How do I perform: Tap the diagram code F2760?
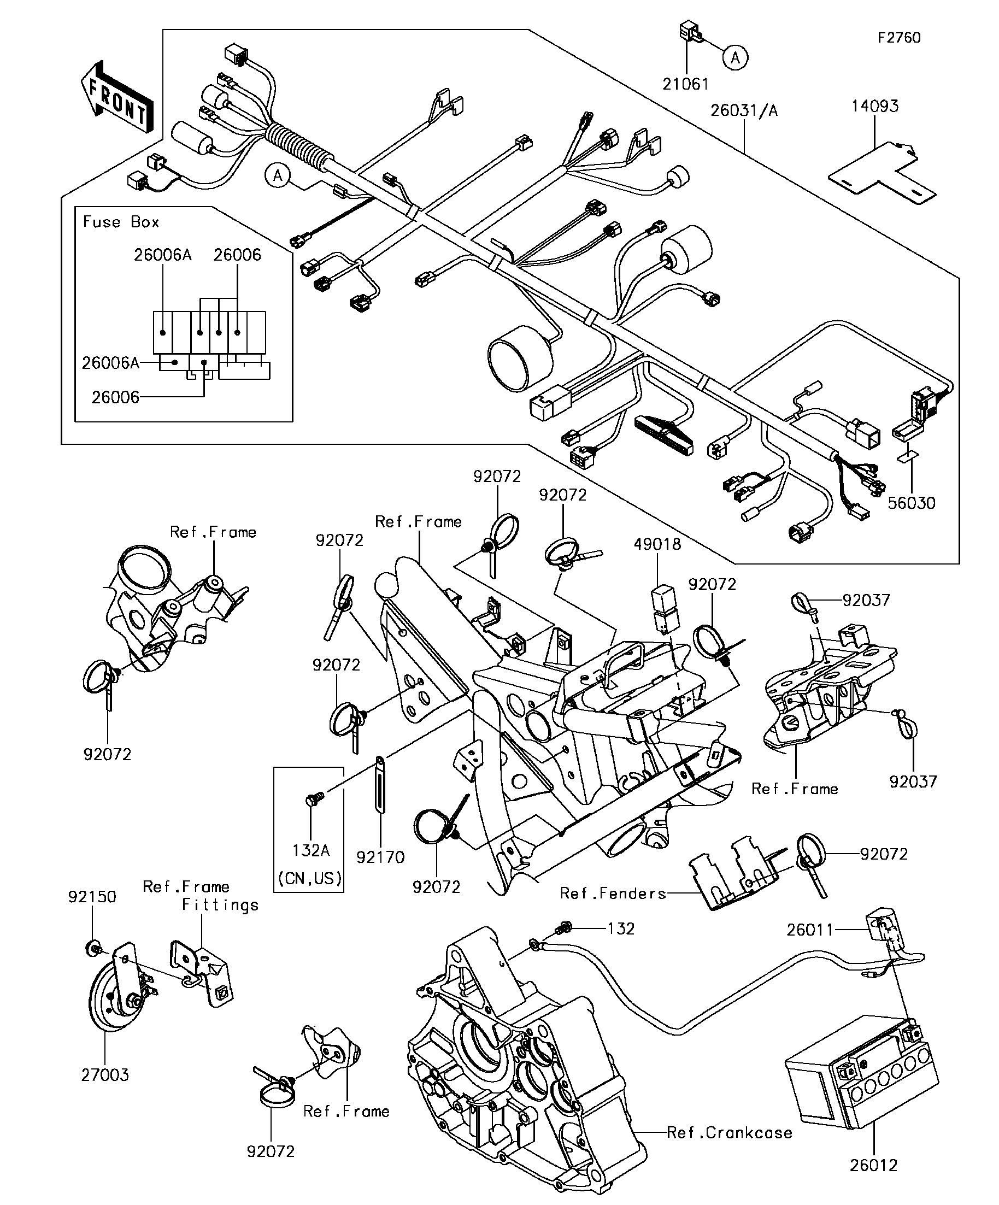coord(899,38)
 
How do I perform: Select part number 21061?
coord(685,84)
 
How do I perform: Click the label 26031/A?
coord(744,111)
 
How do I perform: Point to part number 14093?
coord(874,106)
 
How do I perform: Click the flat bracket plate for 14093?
coord(881,175)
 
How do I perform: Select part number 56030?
coord(911,503)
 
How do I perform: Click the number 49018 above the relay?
coord(657,544)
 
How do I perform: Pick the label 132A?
coord(310,850)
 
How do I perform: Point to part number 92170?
coord(380,857)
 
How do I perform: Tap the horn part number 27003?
coord(105,1075)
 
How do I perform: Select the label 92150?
coord(92,897)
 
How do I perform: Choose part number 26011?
coord(810,930)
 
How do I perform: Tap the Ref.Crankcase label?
coord(730,1133)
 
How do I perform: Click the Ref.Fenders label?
coord(613,894)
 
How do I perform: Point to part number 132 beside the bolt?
coord(621,928)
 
